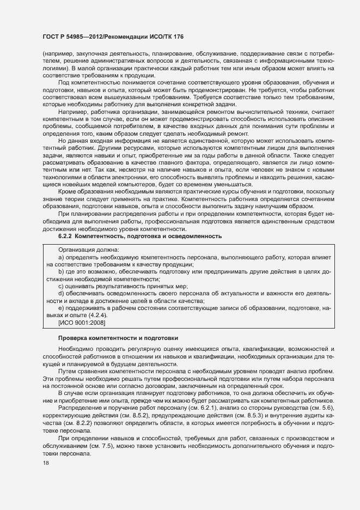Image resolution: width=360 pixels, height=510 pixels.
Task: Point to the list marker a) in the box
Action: coord(61,256)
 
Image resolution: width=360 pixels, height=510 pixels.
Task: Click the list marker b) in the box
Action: coord(61,271)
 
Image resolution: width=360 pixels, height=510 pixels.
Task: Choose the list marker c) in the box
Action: coord(61,286)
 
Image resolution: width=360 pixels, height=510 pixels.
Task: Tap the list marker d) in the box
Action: coord(61,293)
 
